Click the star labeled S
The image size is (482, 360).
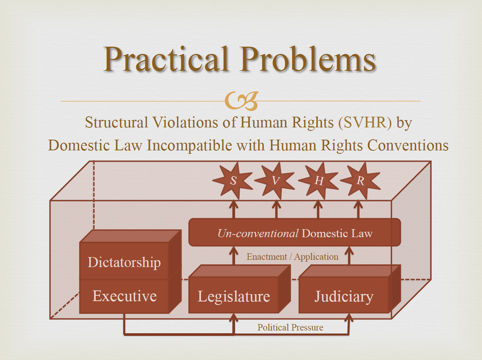click(233, 181)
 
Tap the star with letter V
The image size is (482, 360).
click(275, 181)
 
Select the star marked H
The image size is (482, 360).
click(319, 181)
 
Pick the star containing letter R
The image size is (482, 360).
click(361, 181)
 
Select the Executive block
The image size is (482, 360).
click(131, 296)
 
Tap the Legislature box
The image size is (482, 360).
click(240, 289)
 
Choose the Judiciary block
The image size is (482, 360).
click(350, 289)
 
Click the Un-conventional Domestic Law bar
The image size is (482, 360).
click(295, 232)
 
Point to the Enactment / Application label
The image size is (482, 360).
click(292, 257)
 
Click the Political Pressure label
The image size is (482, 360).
click(290, 327)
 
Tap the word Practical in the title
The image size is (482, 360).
click(166, 59)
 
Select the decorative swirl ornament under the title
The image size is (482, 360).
click(241, 101)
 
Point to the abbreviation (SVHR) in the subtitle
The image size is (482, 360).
click(365, 122)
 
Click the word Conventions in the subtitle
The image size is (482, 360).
click(408, 145)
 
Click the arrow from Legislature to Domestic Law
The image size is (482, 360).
click(234, 255)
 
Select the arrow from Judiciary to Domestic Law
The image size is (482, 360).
click(349, 255)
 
